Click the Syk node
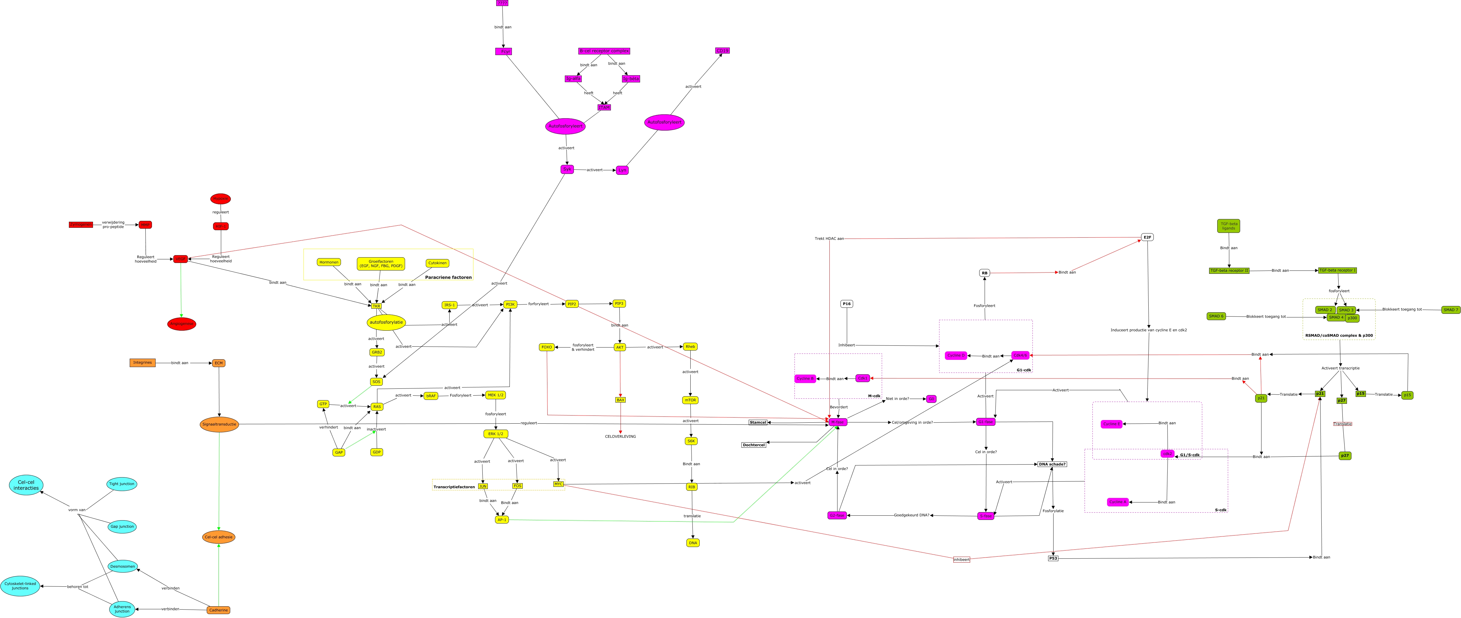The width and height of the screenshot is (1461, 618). (567, 169)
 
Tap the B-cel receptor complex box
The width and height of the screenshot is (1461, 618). (604, 51)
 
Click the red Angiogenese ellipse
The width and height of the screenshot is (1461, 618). (181, 324)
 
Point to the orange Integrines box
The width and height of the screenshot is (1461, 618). (142, 363)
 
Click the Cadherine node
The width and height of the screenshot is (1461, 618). (218, 610)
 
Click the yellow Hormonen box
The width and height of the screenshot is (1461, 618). (329, 262)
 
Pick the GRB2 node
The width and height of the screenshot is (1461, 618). (376, 352)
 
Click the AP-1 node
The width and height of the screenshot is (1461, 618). (502, 519)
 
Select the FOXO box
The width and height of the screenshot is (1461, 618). (547, 347)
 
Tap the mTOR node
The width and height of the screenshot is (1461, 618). (690, 400)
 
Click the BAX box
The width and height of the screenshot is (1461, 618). (621, 400)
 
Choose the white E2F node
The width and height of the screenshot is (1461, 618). (1147, 237)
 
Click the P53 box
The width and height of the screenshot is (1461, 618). (1053, 558)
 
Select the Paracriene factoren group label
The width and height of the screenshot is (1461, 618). (448, 277)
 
